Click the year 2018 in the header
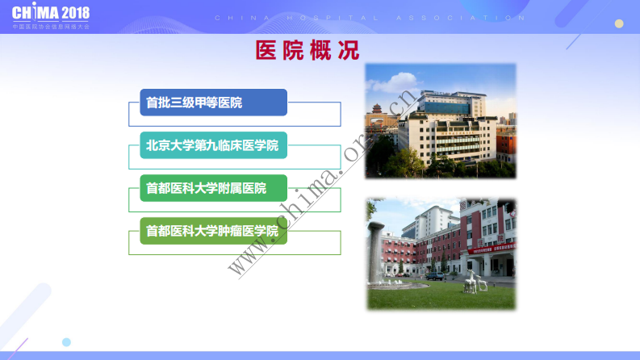click(x=75, y=14)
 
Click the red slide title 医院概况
click(x=307, y=51)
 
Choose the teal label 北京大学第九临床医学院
click(x=213, y=145)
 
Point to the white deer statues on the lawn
click(x=474, y=283)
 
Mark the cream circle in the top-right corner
click(x=619, y=23)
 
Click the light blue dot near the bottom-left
click(x=66, y=342)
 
